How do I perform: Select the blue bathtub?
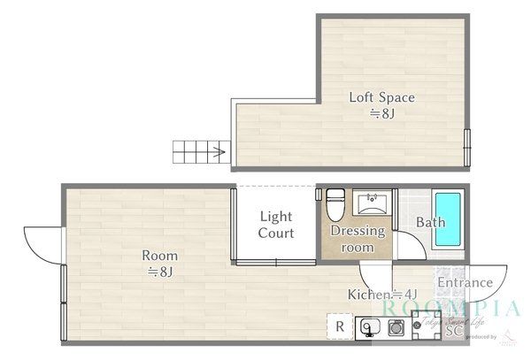tap(449, 218)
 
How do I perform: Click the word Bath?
tap(431, 223)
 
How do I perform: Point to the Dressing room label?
tap(358, 239)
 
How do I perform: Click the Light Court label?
tap(275, 225)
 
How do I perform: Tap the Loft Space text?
tap(381, 97)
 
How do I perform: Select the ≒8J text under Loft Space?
tap(381, 114)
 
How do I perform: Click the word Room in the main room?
tap(160, 256)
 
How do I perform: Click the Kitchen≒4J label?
tap(381, 295)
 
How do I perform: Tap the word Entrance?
tap(465, 283)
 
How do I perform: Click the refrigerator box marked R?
tap(339, 326)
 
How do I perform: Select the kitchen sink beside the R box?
tap(370, 328)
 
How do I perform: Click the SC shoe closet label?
tap(454, 333)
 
